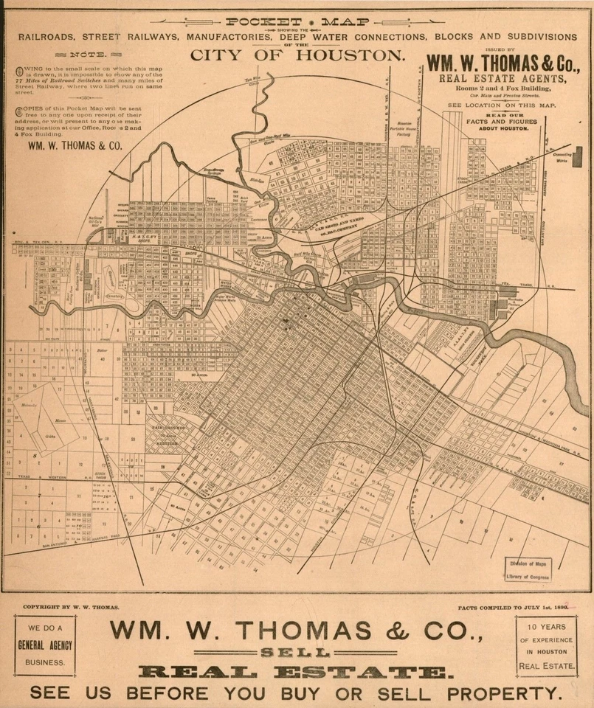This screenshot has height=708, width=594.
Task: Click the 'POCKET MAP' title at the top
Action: click(x=297, y=21)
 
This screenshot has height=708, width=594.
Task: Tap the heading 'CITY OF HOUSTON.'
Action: click(x=297, y=55)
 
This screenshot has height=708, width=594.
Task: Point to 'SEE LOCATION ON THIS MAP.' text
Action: click(x=501, y=105)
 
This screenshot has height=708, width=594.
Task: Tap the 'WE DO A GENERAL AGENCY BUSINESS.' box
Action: click(x=46, y=645)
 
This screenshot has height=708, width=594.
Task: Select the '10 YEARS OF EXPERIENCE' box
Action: click(x=547, y=646)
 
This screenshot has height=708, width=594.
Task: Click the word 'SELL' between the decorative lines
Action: click(x=297, y=653)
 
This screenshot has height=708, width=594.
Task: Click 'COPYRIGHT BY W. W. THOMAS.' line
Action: click(x=71, y=608)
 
